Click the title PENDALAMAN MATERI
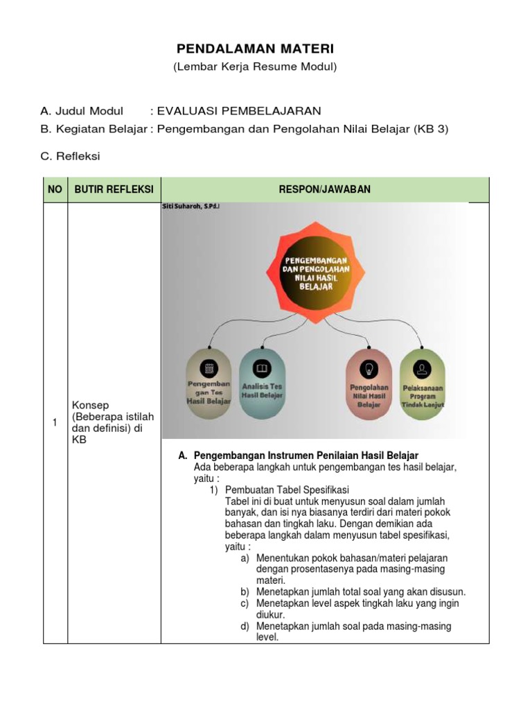pos(255,49)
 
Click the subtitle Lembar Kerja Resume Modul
pos(255,67)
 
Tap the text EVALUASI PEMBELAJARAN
pos(239,111)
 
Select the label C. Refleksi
pos(70,156)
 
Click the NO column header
pos(55,189)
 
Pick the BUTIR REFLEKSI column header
pos(114,189)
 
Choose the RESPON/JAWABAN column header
pos(325,189)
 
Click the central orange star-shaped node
pos(316,271)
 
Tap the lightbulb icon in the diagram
pos(369,368)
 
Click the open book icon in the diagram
pos(262,367)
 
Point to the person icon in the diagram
pos(423,367)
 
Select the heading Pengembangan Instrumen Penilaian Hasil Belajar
pos(306,456)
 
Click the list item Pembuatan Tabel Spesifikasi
pos(287,490)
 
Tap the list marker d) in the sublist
pos(245,626)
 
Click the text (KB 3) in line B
pos(432,129)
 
